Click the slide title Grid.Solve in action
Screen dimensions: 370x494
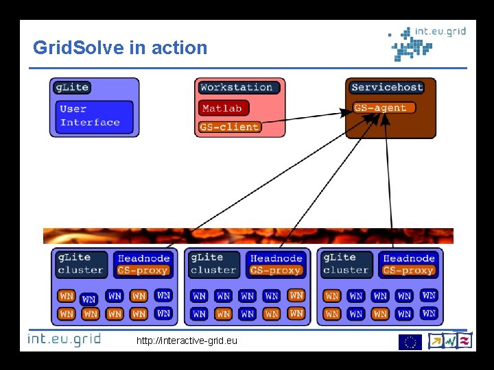120,48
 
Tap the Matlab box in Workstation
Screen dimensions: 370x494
224,108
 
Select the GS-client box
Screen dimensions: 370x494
230,127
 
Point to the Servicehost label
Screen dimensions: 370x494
387,87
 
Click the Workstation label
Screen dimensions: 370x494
237,87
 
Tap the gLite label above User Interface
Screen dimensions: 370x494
72,87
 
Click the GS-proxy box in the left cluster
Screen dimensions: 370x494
143,271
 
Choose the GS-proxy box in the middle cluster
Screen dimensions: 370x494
276,271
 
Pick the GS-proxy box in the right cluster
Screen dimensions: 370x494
408,271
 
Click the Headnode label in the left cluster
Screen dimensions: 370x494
143,258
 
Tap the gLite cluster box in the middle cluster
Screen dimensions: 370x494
213,264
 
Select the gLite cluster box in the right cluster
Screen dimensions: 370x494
346,264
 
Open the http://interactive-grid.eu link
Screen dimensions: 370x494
187,341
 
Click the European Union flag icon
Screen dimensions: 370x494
410,341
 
